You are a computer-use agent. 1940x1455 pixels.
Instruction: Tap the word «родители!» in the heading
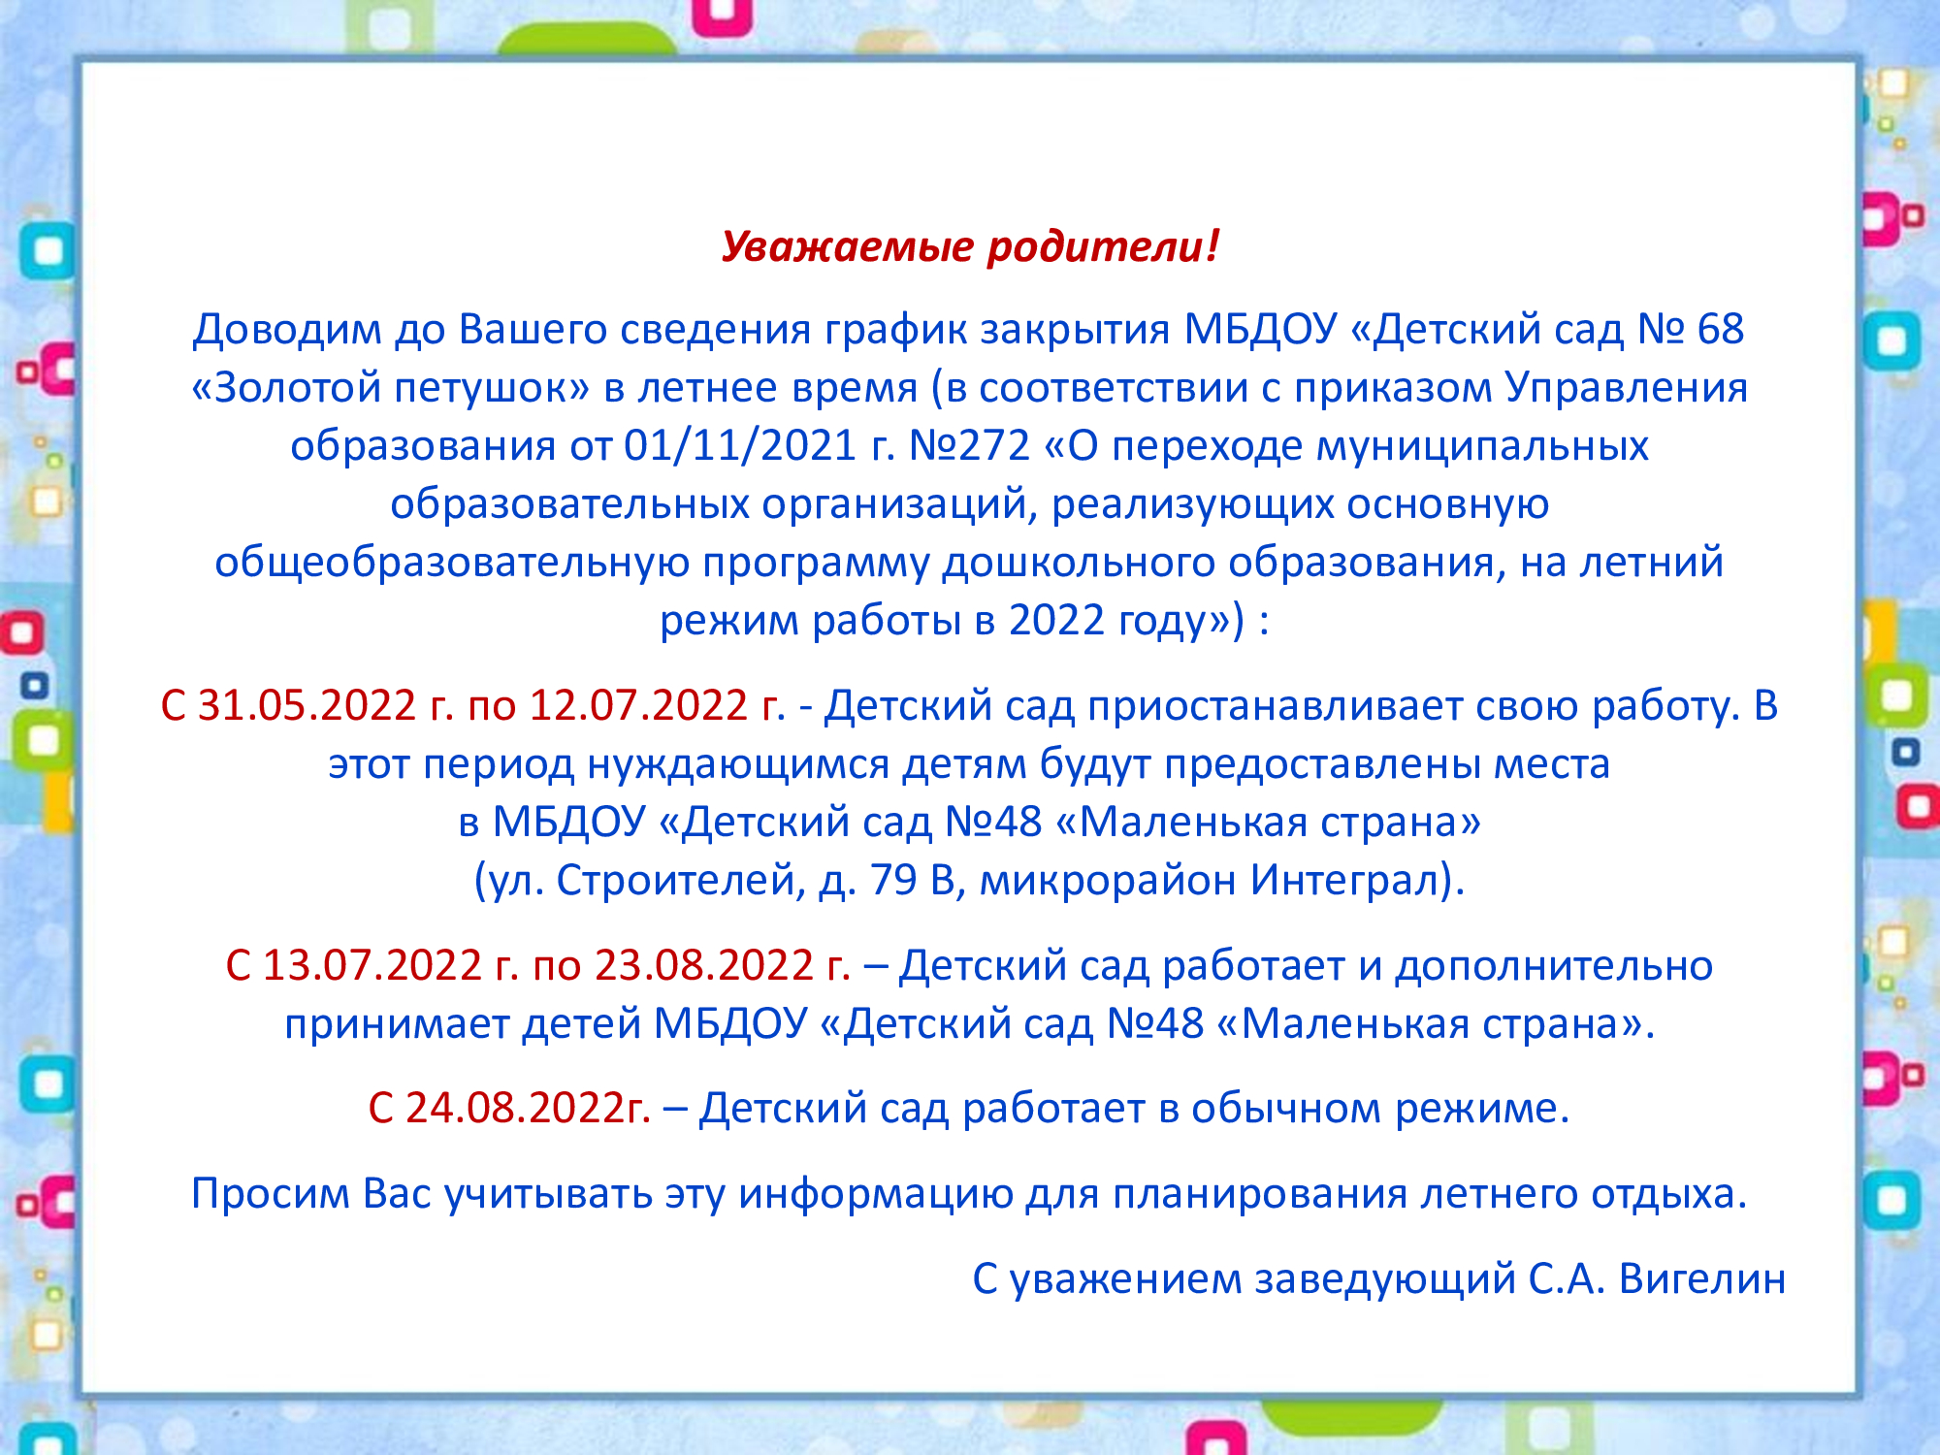click(1103, 246)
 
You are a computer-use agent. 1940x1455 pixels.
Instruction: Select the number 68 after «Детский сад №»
click(1720, 330)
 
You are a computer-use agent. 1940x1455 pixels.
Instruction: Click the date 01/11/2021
click(739, 446)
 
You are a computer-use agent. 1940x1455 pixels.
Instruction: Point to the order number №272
click(969, 446)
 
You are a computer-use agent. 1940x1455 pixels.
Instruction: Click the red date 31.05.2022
click(307, 706)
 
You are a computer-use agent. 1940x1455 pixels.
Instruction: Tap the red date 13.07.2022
click(372, 966)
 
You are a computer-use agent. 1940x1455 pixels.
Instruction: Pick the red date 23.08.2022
click(703, 966)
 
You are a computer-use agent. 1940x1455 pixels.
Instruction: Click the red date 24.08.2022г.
click(528, 1109)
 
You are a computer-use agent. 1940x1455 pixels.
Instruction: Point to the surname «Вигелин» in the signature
click(1702, 1279)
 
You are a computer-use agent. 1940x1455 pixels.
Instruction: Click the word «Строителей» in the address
click(675, 881)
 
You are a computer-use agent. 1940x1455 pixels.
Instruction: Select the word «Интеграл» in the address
click(1342, 881)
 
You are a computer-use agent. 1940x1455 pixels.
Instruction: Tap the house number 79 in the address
click(893, 881)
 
